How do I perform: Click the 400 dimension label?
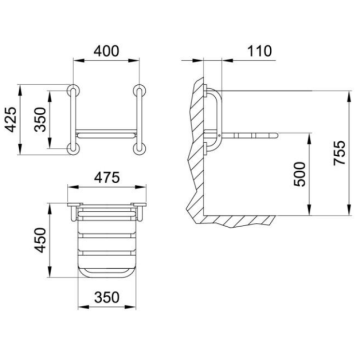[106, 51]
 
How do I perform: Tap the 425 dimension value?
[12, 119]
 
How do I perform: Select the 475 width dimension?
[107, 178]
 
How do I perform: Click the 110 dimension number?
[259, 51]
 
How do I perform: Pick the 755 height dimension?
[340, 153]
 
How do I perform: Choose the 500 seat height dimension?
[300, 174]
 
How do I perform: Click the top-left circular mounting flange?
[73, 90]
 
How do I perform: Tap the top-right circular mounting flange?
[139, 90]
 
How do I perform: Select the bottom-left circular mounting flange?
[73, 149]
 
